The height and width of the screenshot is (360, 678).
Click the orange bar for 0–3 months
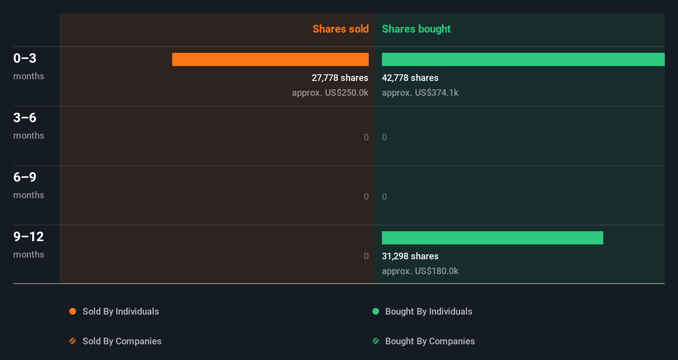[x=270, y=59]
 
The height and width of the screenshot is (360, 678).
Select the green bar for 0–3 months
[x=523, y=59]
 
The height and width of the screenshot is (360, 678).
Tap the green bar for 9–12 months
[x=492, y=238]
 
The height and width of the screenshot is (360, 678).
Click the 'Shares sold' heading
[x=340, y=29]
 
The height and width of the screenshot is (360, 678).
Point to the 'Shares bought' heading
[x=416, y=29]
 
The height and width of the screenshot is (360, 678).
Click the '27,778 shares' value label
[x=340, y=78]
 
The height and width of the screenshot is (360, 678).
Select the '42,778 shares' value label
[x=410, y=78]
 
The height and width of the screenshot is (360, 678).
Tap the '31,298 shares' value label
[x=410, y=256]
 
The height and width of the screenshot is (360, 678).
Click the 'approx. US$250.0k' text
[x=330, y=92]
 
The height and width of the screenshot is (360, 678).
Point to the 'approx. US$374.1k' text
[x=420, y=92]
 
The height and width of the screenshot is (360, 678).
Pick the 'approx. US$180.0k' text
[x=420, y=271]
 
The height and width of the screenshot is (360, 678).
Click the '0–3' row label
[x=25, y=58]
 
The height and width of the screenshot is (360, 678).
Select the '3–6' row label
[x=25, y=118]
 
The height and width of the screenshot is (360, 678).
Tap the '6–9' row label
[x=25, y=177]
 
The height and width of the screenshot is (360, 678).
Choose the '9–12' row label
[x=28, y=237]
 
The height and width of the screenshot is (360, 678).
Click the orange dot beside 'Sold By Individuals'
[x=73, y=311]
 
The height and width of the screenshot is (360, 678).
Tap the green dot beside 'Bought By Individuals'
[x=376, y=311]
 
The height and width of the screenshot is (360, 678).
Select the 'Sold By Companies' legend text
[x=122, y=341]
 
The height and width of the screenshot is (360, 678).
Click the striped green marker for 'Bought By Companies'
[x=376, y=341]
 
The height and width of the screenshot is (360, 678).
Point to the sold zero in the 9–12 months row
[x=366, y=256]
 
